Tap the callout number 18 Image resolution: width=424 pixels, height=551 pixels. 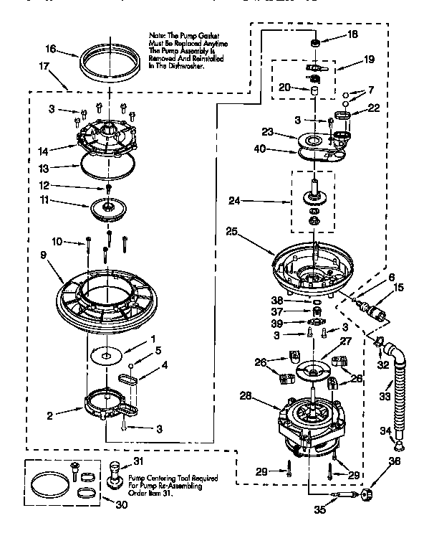(x=353, y=34)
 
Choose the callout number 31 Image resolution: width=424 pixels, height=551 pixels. (x=138, y=461)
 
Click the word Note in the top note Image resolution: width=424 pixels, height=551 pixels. (x=158, y=34)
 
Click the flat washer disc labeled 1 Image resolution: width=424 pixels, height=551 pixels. (x=108, y=353)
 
